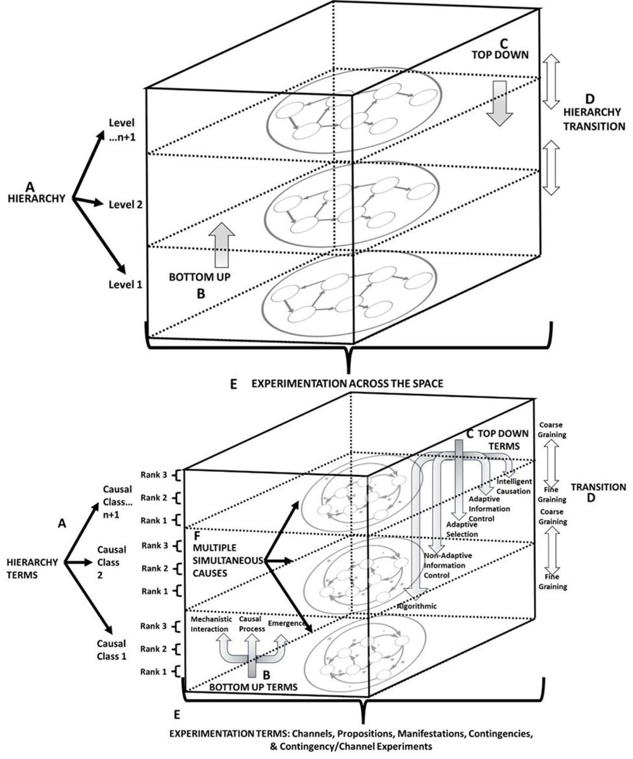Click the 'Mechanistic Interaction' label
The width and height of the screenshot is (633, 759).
[212, 625]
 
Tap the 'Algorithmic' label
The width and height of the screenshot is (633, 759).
[417, 605]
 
